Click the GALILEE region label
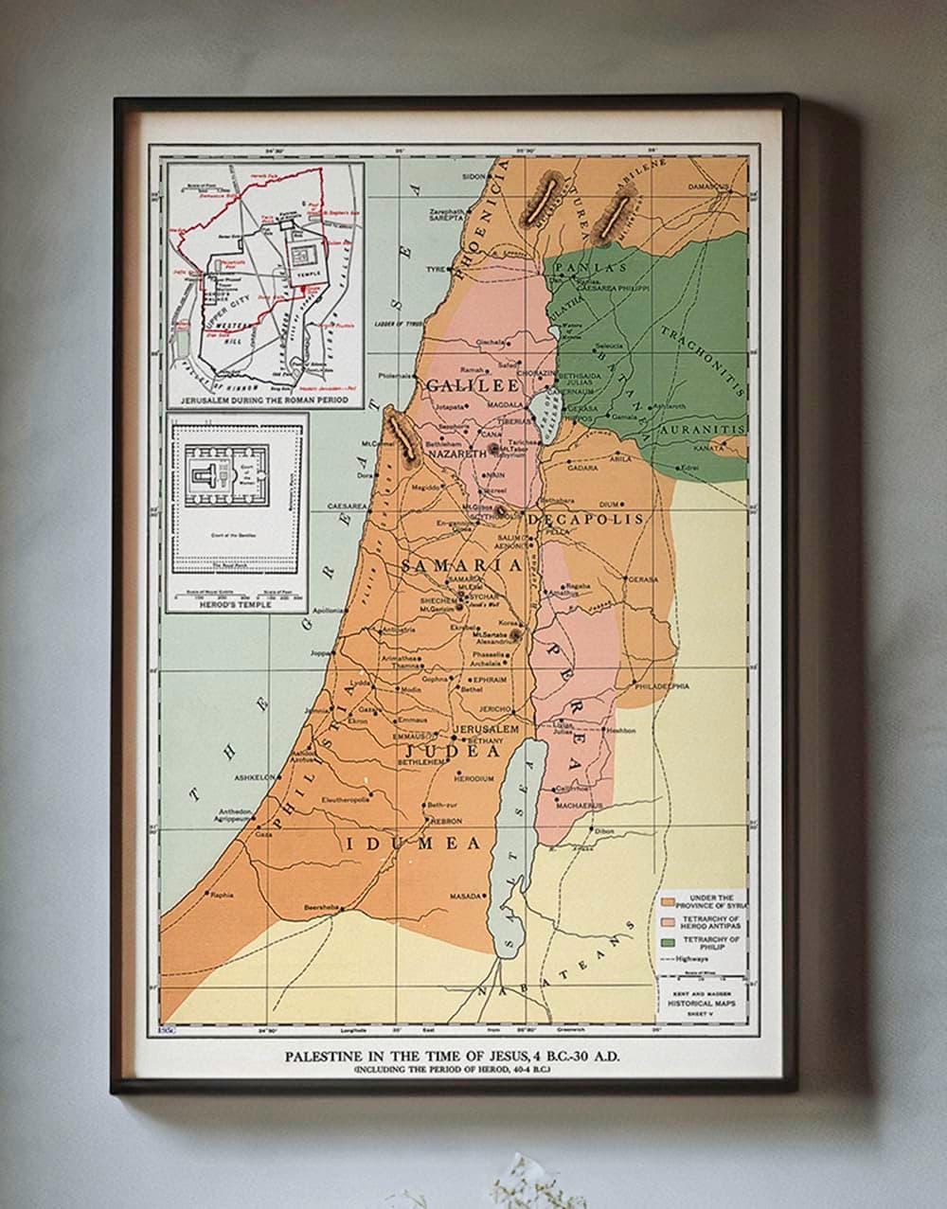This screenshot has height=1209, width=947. coord(473,386)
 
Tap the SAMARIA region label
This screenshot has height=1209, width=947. coord(461,565)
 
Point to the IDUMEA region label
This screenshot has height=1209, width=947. coord(413,843)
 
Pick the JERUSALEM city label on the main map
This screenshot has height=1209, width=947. coord(486,730)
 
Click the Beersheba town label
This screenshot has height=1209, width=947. coord(313,906)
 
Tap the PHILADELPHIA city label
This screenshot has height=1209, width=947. coord(661,685)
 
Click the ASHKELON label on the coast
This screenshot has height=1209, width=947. coord(255,777)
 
